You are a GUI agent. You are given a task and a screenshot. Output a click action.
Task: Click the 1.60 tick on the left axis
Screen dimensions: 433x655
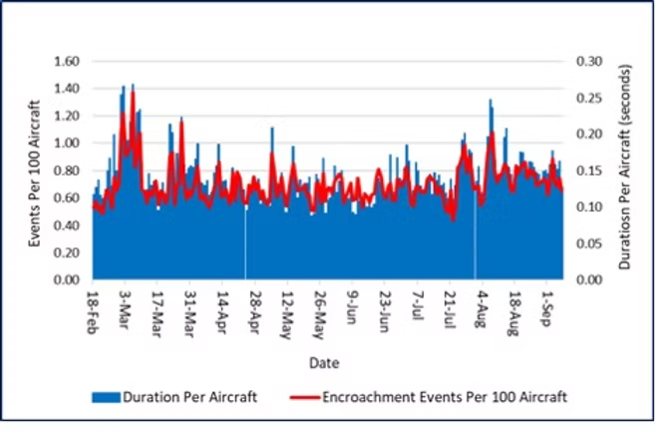(x=67, y=61)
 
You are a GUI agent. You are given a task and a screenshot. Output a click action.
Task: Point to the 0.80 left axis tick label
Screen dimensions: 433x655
(x=67, y=171)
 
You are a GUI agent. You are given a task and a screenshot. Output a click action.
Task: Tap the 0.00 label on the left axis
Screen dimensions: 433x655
(x=67, y=280)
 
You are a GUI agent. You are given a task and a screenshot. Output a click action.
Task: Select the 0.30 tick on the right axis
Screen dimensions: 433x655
(x=590, y=61)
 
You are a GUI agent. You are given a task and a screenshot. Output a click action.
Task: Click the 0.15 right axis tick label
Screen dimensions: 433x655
(x=590, y=171)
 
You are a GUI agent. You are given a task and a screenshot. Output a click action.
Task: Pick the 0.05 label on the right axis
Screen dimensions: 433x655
(x=590, y=243)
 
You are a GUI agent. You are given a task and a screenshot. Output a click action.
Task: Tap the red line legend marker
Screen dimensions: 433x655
(x=300, y=397)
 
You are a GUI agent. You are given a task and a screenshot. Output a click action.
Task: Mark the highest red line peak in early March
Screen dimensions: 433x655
(x=133, y=93)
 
